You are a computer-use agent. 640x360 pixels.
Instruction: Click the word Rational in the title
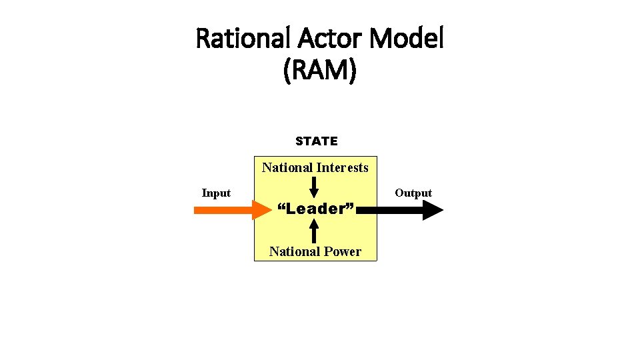coord(242,40)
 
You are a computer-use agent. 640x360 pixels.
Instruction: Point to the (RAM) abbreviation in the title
coord(320,71)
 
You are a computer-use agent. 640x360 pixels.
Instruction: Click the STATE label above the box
coord(317,141)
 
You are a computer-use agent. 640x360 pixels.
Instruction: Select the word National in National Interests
coord(287,168)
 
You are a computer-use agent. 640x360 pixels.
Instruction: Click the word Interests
coord(342,168)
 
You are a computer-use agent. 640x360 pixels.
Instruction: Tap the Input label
coord(216,193)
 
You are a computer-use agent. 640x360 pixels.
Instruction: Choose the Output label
coord(413,193)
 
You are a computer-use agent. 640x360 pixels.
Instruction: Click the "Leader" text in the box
coord(315,209)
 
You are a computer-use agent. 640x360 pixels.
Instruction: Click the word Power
coord(345,251)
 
